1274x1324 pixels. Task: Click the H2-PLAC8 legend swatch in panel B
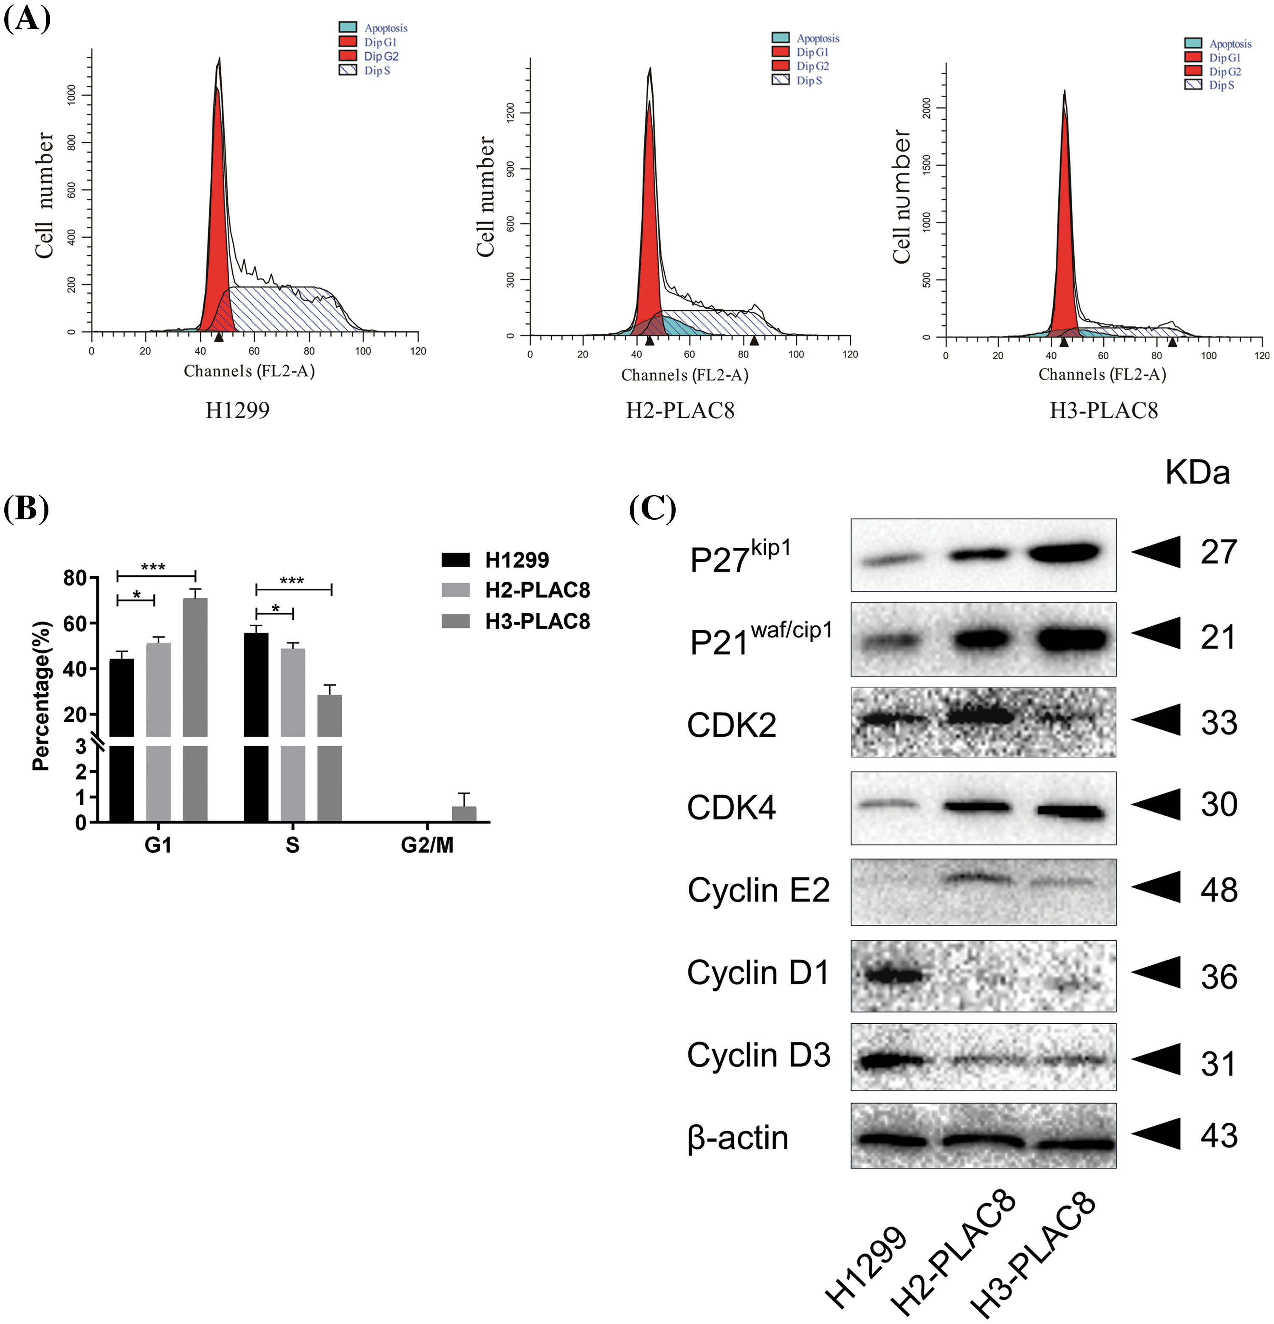[455, 590]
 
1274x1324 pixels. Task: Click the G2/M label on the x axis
[427, 845]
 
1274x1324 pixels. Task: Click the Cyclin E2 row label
[758, 890]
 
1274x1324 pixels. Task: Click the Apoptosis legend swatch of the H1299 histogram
[348, 27]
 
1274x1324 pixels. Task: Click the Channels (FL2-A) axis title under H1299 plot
[249, 371]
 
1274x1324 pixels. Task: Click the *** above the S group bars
[292, 580]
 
